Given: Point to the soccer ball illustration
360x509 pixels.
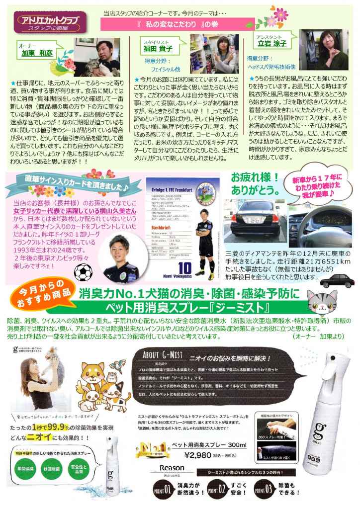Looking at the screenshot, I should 83,271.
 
